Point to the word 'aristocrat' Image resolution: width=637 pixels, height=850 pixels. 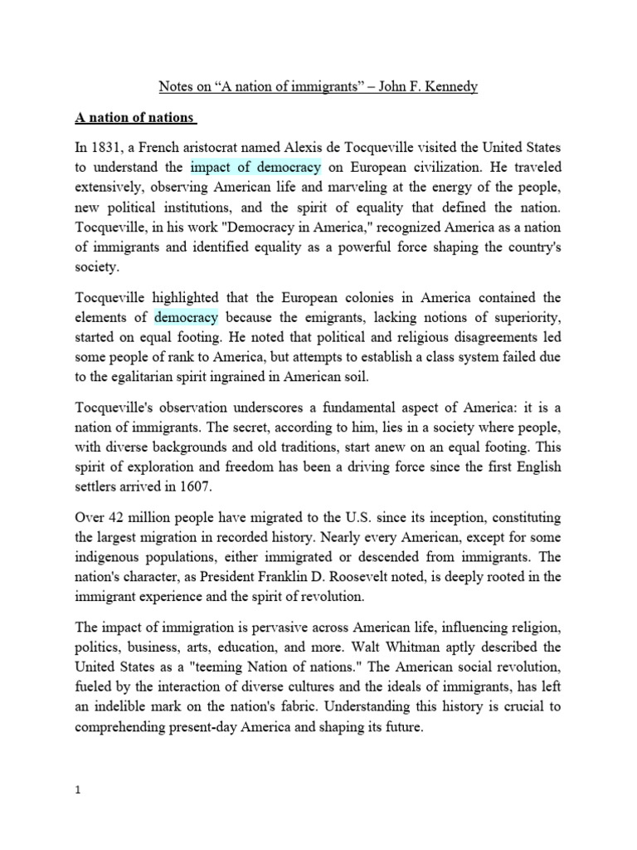tap(223, 149)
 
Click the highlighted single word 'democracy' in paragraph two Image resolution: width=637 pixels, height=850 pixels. tap(186, 317)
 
